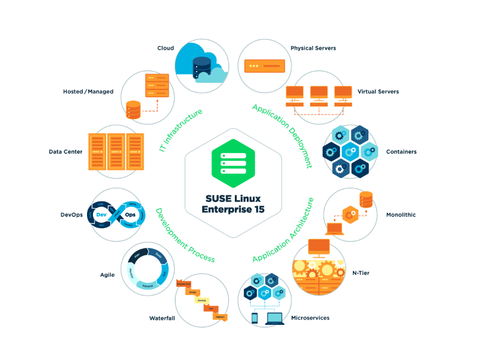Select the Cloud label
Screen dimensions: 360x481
click(x=165, y=48)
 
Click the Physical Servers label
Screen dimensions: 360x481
click(x=313, y=48)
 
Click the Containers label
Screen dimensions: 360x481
click(x=401, y=151)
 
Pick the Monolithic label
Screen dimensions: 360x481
click(x=401, y=215)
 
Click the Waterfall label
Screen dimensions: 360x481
click(x=162, y=318)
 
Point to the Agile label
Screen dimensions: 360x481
click(x=107, y=275)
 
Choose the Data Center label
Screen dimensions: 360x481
click(x=66, y=151)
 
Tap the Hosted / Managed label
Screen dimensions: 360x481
click(x=88, y=92)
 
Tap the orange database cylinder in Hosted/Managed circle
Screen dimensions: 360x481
click(x=134, y=110)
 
